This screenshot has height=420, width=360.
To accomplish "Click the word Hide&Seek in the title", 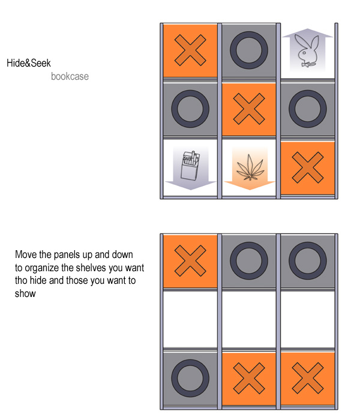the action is pos(29,63).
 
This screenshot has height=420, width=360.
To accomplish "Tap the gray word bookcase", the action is pos(70,76).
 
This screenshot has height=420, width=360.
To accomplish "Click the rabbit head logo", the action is pos(308,51).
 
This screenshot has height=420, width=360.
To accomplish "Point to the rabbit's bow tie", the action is pos(306,64).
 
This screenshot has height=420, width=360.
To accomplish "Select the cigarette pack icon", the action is pos(190,165).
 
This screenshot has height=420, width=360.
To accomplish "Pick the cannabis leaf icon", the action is pos(250,167).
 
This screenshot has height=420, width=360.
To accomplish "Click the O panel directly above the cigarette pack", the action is pos(190,109).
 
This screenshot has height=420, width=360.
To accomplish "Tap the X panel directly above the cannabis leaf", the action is pos(249,109).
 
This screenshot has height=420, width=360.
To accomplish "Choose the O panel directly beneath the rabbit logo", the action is pos(308,109).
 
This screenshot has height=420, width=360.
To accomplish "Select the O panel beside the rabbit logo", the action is pos(249,50).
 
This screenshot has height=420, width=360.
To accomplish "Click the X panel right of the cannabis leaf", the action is pos(308,167).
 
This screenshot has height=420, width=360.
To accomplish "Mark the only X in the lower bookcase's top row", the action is pos(190,261).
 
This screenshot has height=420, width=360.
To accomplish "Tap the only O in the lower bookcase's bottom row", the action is pos(190,378).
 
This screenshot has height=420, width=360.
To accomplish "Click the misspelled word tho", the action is pos(21,280).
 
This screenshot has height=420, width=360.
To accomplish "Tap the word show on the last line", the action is pos(25,293).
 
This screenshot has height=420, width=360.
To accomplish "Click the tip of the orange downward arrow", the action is pos(250,190).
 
